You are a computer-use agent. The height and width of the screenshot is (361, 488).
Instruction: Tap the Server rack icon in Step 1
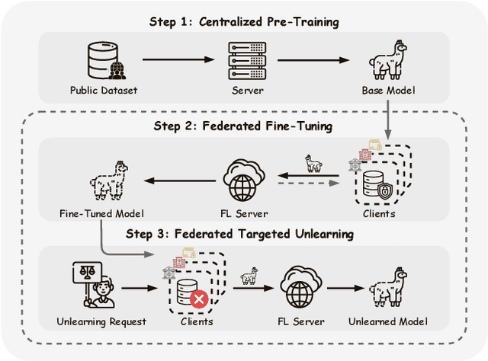(x=247, y=59)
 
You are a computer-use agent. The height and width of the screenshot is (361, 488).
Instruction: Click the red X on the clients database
(x=200, y=299)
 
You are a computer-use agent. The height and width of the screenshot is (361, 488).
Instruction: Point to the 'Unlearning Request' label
(x=101, y=321)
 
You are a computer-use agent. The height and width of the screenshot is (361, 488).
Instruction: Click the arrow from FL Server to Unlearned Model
(x=339, y=289)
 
